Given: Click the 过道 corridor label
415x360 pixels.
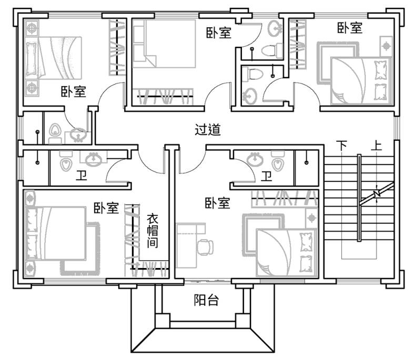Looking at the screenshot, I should click(x=207, y=130).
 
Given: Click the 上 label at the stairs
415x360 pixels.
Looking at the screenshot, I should click(x=376, y=145).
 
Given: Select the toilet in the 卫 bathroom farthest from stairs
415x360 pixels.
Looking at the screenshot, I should click(x=66, y=162).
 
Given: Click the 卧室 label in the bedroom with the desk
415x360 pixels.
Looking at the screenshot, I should click(x=217, y=203).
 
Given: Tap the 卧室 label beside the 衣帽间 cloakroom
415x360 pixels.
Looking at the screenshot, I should click(x=106, y=208).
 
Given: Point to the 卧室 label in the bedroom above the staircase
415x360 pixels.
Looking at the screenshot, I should click(x=350, y=27).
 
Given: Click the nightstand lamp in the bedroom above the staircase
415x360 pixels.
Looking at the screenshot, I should click(x=387, y=46).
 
